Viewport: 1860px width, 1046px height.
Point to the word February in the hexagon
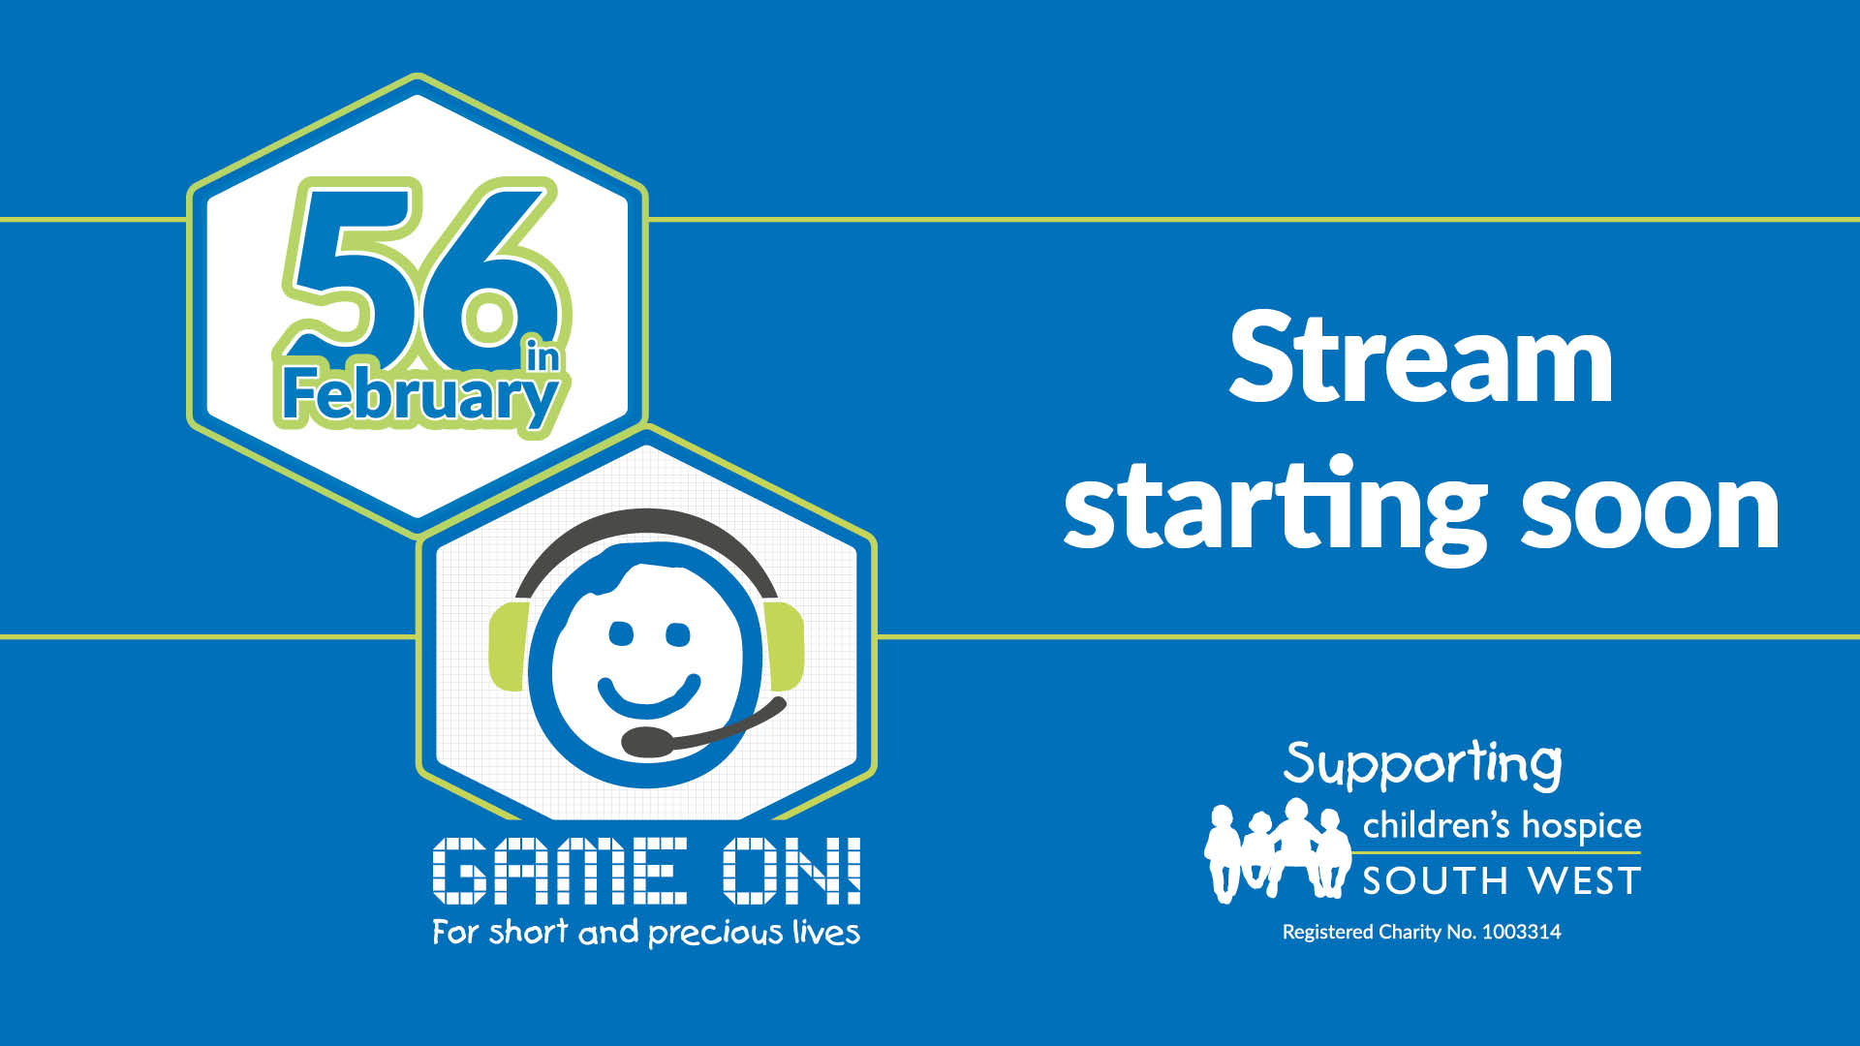point(419,398)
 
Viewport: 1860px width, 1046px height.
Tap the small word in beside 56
point(542,354)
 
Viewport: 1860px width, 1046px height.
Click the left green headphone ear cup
point(507,646)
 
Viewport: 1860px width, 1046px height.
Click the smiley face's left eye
point(620,634)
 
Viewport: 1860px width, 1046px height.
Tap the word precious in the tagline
point(715,934)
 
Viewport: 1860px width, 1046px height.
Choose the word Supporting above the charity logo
point(1422,765)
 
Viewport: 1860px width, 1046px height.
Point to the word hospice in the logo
point(1582,827)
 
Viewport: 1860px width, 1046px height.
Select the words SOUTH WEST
point(1502,881)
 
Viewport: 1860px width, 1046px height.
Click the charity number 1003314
point(1521,932)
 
